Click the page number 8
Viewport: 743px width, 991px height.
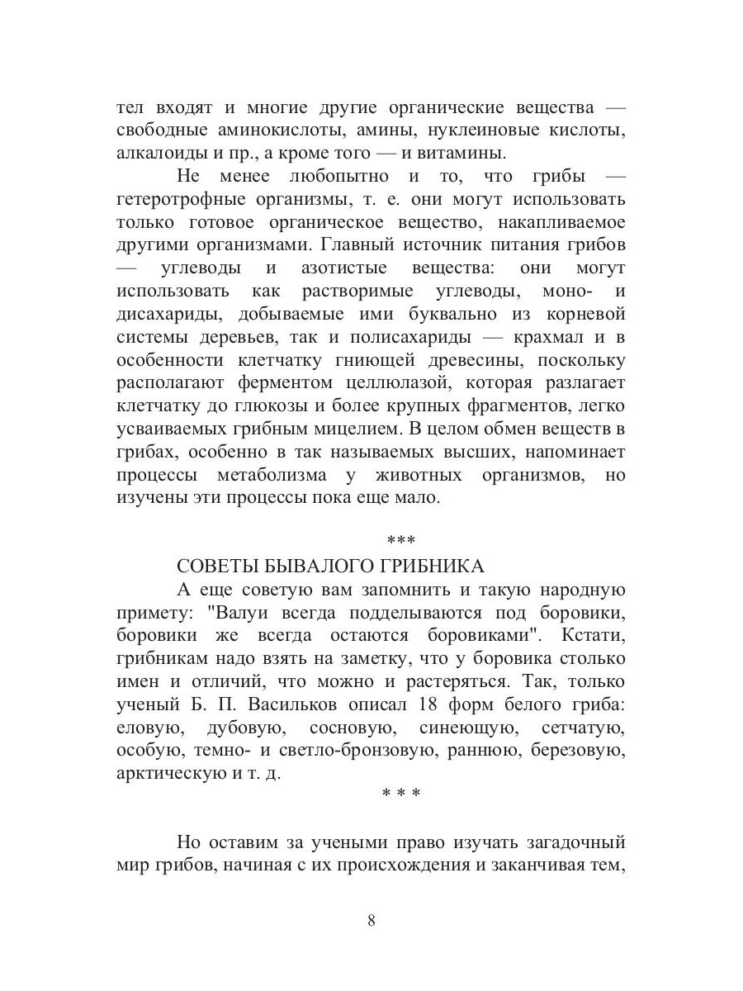[x=371, y=921]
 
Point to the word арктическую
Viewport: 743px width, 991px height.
[x=169, y=776]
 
